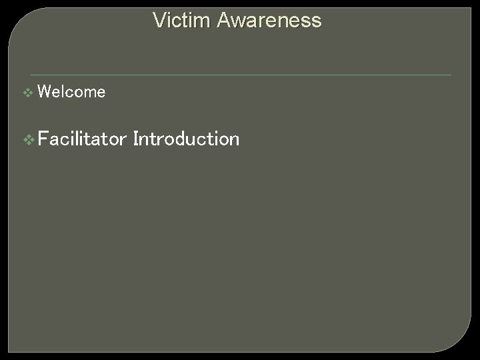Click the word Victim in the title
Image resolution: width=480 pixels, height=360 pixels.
[175, 21]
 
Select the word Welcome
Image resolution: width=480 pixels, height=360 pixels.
[72, 92]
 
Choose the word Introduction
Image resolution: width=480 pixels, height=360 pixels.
[186, 139]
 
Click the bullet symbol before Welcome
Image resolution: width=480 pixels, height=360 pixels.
[27, 93]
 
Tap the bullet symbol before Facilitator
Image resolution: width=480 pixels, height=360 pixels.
[28, 140]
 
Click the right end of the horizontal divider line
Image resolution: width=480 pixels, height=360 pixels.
[451, 75]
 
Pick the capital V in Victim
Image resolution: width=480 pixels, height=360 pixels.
[159, 21]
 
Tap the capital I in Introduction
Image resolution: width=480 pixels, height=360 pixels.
[136, 139]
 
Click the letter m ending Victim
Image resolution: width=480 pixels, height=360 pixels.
[191, 21]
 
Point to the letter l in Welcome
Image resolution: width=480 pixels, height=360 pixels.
[63, 92]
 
